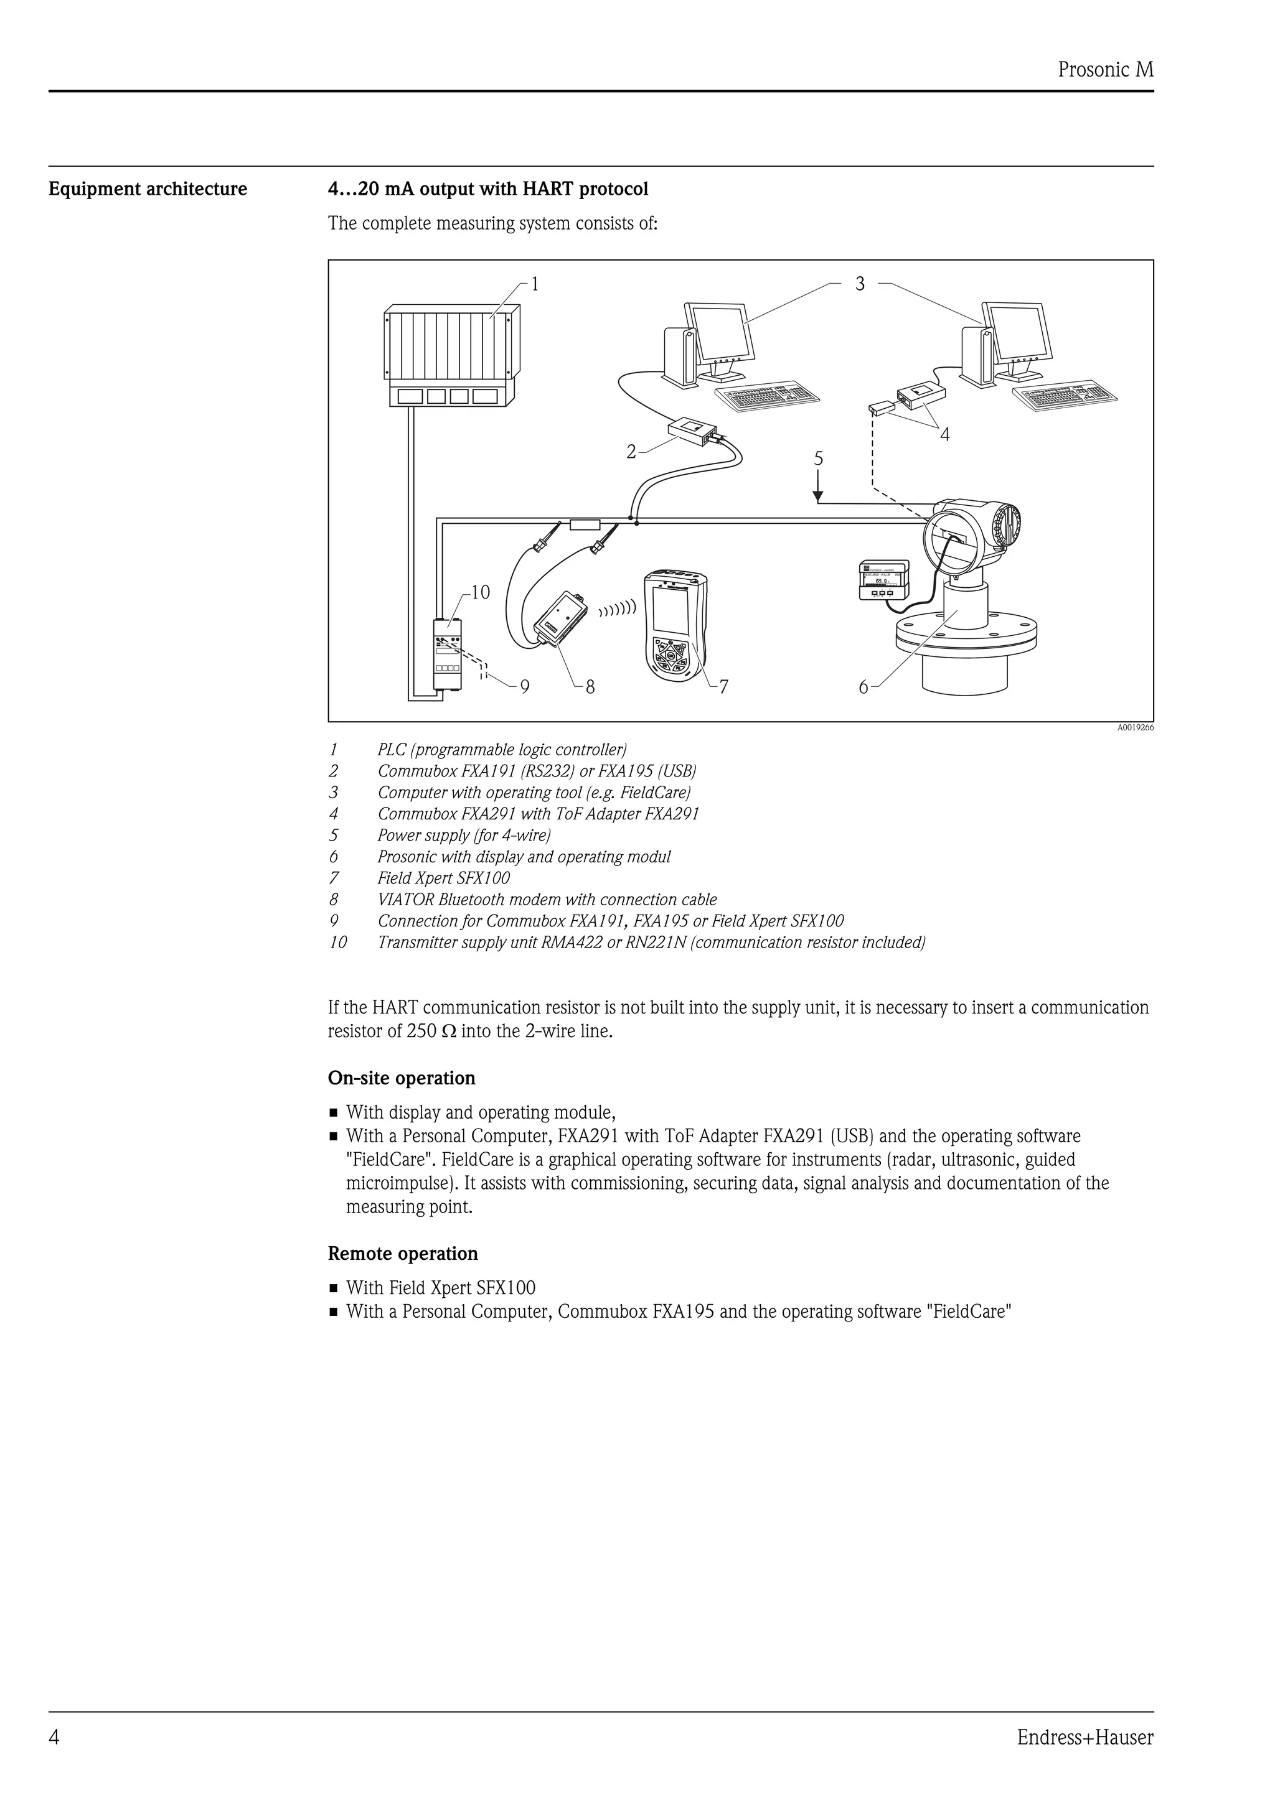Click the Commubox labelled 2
pos(691,429)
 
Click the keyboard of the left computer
pos(768,396)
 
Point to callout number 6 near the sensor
pos(863,688)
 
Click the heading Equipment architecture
pos(148,189)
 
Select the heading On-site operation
pos(402,1078)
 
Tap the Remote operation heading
pos(402,1253)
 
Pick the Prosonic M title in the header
pos(1104,70)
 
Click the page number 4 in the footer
pos(54,1737)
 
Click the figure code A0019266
pos(1135,728)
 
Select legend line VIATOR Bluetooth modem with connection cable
pos(547,900)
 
